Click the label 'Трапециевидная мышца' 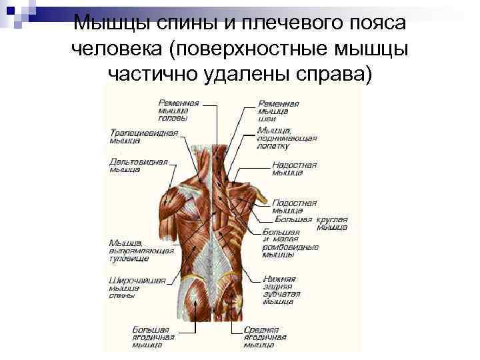[143, 137]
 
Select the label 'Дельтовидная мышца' [139, 166]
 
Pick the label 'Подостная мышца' [294, 207]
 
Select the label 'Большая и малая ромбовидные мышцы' [289, 243]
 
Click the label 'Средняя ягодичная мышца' [265, 337]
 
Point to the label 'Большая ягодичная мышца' [153, 337]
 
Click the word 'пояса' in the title [377, 23]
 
